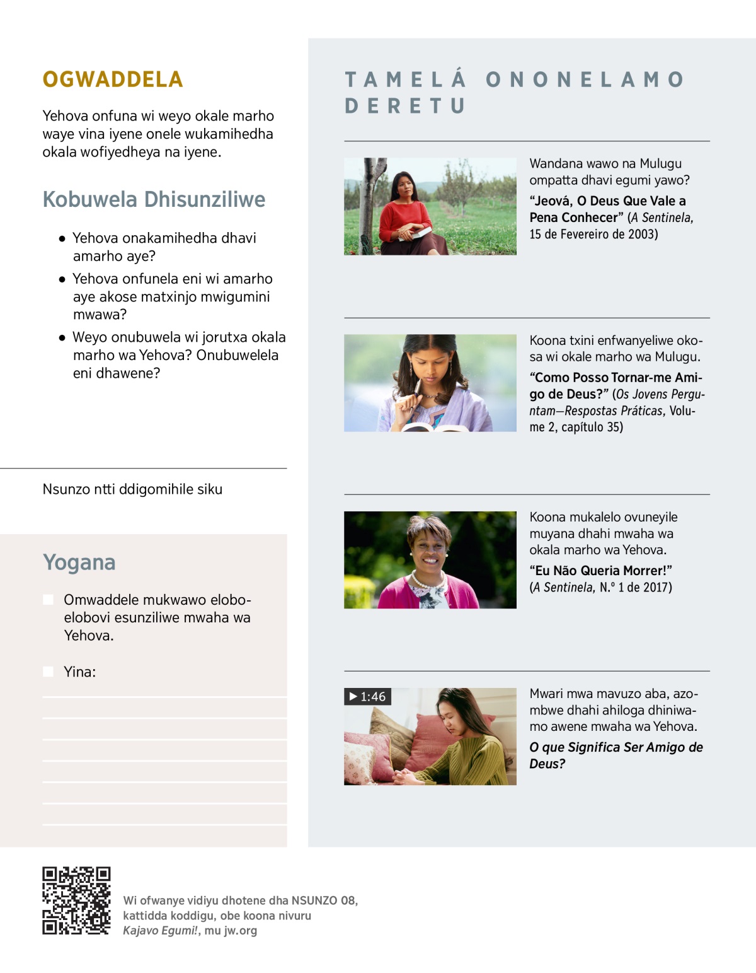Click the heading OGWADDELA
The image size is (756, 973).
click(113, 79)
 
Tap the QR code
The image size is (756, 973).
click(76, 900)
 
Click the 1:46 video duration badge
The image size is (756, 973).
click(368, 697)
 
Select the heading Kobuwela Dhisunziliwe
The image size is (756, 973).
click(154, 199)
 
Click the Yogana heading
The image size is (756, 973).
click(79, 562)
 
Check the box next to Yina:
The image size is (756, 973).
click(48, 672)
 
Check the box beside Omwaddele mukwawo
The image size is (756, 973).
click(48, 599)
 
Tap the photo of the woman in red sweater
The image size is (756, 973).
click(430, 206)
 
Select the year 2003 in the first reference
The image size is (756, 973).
click(641, 235)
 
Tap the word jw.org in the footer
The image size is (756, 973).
click(240, 931)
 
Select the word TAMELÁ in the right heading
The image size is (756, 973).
click(406, 79)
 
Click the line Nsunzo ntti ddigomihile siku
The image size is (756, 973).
click(132, 489)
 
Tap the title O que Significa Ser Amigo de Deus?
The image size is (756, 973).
click(616, 755)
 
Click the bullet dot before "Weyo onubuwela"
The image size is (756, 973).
click(62, 338)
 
